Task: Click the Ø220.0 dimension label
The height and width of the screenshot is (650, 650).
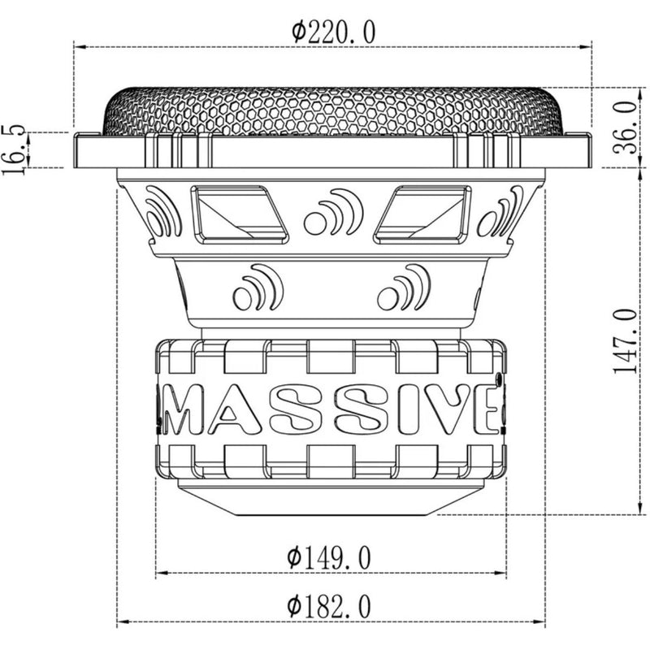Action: [333, 32]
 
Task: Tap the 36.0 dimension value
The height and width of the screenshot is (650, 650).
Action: [626, 128]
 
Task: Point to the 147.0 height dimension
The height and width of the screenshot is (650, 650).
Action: [625, 340]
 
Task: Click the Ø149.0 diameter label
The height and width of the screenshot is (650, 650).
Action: [329, 557]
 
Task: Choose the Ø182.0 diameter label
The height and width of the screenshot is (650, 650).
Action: [329, 606]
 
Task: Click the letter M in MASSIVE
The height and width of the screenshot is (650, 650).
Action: [181, 409]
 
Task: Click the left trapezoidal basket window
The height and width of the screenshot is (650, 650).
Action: [239, 214]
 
